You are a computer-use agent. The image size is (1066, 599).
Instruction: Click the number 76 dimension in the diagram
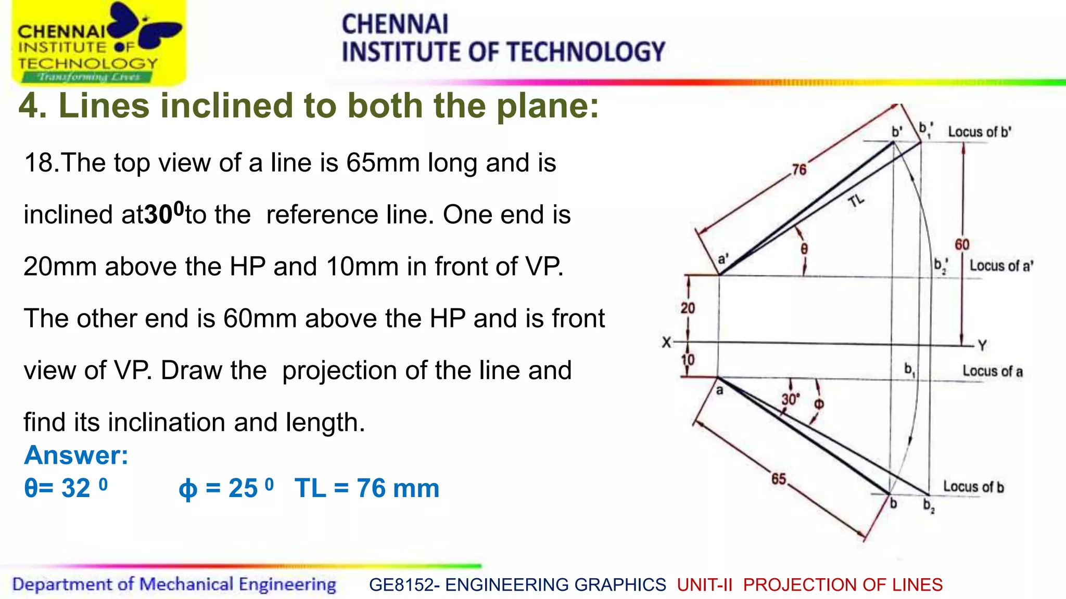pos(799,170)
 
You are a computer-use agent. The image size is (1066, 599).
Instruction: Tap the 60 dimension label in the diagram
pos(962,244)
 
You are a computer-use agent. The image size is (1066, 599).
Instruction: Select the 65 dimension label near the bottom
pos(779,479)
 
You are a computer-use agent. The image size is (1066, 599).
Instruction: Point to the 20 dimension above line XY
pos(688,308)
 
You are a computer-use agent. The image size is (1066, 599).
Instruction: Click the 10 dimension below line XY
pos(688,360)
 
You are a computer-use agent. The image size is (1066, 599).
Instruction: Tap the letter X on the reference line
pos(666,343)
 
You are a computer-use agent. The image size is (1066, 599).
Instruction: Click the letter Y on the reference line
pos(982,346)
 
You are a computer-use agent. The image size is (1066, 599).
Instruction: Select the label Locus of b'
pos(979,132)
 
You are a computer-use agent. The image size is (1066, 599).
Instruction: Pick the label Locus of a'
pos(1001,266)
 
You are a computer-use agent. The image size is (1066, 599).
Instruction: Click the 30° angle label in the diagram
pos(790,399)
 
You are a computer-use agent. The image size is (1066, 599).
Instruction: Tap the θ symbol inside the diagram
pos(804,249)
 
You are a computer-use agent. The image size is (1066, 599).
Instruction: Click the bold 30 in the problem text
pos(159,215)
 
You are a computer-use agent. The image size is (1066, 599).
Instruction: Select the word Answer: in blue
pos(76,455)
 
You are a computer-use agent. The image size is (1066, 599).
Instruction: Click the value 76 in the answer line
pos(372,489)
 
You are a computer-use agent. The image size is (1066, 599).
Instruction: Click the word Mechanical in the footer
pos(186,584)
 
